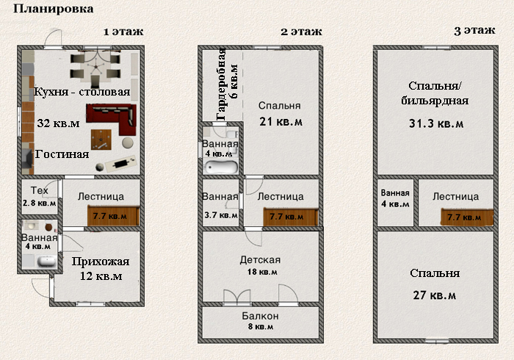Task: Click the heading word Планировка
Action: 54,9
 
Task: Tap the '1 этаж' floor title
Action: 123,32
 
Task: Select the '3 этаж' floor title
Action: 474,31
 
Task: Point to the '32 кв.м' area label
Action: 58,123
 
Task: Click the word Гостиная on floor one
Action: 62,154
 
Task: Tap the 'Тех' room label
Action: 40,190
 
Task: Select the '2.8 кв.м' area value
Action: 40,203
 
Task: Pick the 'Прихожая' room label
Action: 101,262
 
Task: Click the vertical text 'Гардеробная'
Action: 221,84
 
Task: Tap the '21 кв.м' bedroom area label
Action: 281,122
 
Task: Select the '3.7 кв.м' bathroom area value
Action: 221,215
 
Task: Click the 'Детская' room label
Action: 260,260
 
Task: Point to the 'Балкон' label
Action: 260,316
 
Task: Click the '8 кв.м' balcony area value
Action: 261,326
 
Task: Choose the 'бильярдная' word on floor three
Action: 435,101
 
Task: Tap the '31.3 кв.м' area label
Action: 436,123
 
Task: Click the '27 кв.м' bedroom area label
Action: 435,295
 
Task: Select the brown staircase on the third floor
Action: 467,217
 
